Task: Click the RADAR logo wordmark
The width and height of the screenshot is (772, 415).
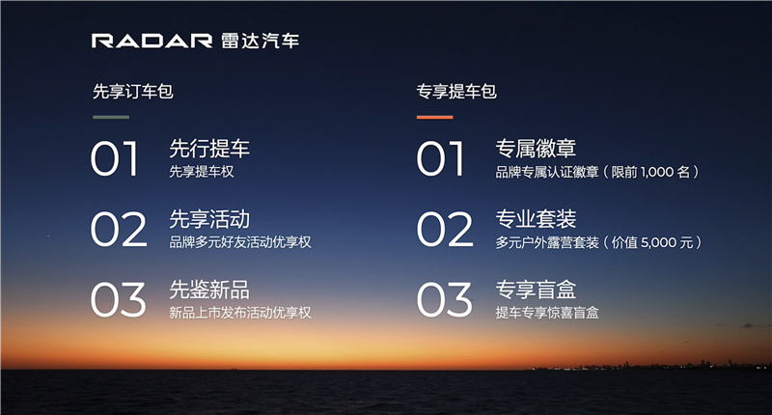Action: coord(152,41)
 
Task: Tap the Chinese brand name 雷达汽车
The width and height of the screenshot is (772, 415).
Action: coord(260,41)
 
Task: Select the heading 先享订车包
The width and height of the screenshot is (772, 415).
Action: coord(133,92)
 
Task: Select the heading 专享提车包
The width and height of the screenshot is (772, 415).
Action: coord(456,92)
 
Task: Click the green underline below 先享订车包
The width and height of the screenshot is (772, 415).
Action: coord(111,117)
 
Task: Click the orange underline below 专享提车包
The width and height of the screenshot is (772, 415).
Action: coord(435,117)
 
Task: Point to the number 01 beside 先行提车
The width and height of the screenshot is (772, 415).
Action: coord(114,158)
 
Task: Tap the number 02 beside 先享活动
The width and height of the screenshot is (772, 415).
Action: coord(119,230)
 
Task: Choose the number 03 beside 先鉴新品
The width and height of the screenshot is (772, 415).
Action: coord(118,300)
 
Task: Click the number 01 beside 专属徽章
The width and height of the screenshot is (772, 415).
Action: coord(440,158)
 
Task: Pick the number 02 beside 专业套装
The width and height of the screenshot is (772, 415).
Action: coord(445,230)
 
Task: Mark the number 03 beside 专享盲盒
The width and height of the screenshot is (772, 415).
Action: coord(444,300)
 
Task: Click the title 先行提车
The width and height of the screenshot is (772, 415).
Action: coord(209,149)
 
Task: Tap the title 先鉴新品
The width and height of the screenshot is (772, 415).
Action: coord(209,290)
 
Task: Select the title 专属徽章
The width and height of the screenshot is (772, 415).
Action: coord(536,149)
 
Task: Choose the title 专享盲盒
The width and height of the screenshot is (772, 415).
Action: coord(536,290)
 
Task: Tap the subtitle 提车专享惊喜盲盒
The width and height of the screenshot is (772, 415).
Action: coord(547,313)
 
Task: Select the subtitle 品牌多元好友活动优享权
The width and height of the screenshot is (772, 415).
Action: coord(240,242)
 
